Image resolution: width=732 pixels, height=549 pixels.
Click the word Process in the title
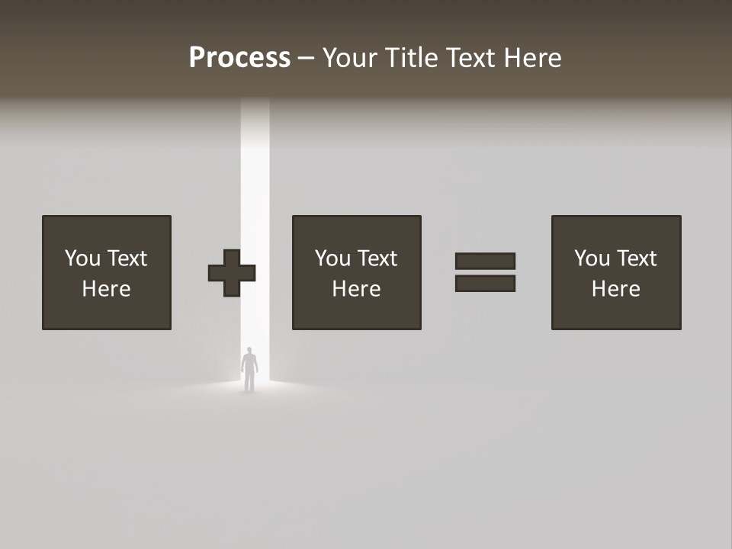pyautogui.click(x=239, y=58)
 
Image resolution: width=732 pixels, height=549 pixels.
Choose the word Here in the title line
pyautogui.click(x=535, y=58)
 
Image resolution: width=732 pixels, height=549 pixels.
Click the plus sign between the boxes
pyautogui.click(x=232, y=272)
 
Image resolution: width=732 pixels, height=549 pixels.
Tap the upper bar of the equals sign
pyautogui.click(x=485, y=261)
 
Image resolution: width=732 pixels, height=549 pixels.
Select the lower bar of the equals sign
pyautogui.click(x=485, y=283)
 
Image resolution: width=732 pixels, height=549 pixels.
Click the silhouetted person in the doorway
pyautogui.click(x=249, y=370)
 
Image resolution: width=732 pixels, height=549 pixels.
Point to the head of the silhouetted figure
pyautogui.click(x=249, y=352)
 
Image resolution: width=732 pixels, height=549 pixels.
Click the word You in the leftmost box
pyautogui.click(x=82, y=258)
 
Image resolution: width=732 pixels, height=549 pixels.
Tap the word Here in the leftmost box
pyautogui.click(x=106, y=289)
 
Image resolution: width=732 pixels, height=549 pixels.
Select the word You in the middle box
pyautogui.click(x=332, y=258)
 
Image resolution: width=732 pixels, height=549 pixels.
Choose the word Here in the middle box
pyautogui.click(x=356, y=289)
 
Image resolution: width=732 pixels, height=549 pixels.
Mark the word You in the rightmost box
pyautogui.click(x=592, y=258)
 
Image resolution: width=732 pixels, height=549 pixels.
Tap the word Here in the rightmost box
pyautogui.click(x=615, y=289)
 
